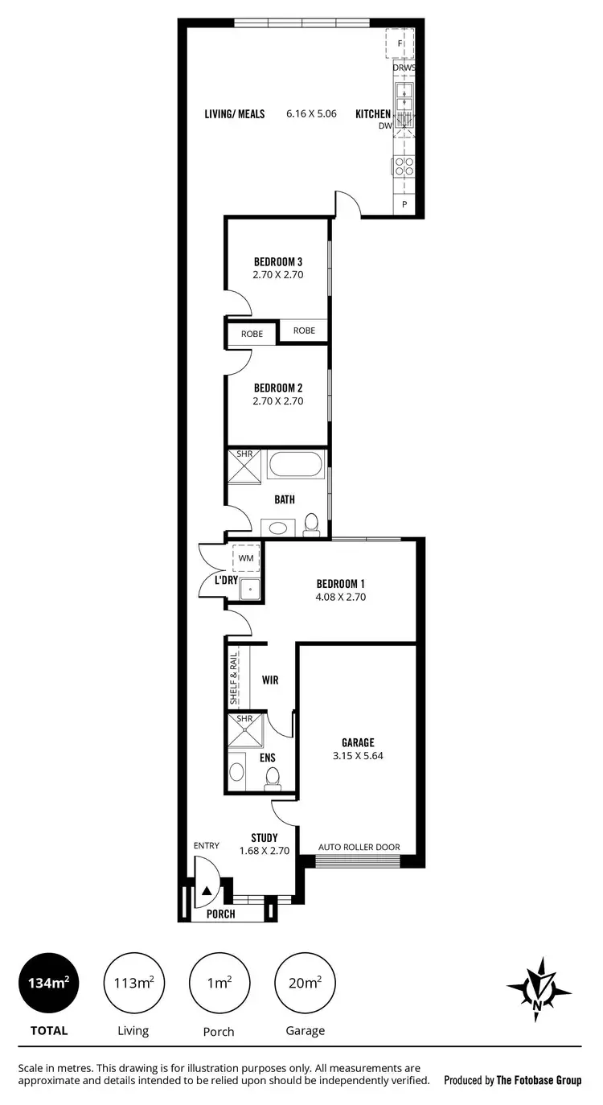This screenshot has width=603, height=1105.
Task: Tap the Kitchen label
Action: coord(373,114)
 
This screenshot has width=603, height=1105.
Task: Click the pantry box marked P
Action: coord(404,205)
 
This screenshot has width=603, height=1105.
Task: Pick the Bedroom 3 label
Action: coord(278,261)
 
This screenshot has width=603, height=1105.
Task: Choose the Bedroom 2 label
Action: coord(278,387)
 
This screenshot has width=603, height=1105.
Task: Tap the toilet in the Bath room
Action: coord(312,525)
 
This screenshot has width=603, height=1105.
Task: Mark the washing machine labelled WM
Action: coord(245,557)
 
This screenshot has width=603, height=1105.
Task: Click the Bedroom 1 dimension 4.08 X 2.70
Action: coord(341,597)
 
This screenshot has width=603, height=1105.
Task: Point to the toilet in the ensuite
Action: coord(272,777)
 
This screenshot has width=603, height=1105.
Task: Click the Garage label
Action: coord(358,742)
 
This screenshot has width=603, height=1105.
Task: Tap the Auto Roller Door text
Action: coord(359,847)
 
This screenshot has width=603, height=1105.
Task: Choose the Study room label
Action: coord(264,837)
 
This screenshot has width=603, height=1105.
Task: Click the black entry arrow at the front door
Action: coord(207,891)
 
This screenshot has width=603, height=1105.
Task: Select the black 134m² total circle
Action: coord(49,983)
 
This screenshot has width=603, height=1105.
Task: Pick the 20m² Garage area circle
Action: coord(305,983)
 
